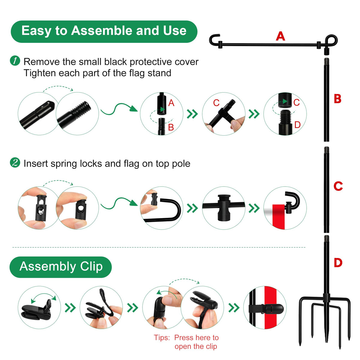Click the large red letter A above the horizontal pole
(x=280, y=36)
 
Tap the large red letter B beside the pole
(x=337, y=99)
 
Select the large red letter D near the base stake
(x=338, y=263)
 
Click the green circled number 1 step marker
(x=15, y=61)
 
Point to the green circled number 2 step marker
(x=15, y=163)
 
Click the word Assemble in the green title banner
(x=102, y=31)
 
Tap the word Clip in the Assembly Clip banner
(x=91, y=267)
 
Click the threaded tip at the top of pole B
(x=326, y=61)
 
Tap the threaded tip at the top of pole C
(x=326, y=150)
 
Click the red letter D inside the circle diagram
(x=297, y=125)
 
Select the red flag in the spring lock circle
(x=278, y=217)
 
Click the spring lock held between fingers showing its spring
(x=41, y=208)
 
